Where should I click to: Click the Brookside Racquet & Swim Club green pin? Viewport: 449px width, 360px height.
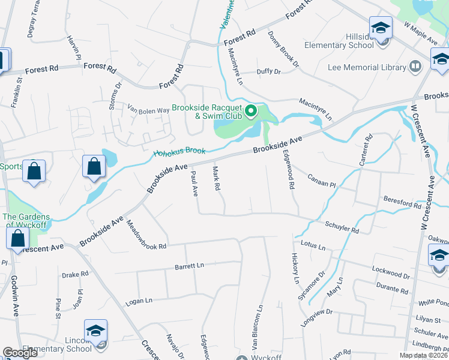click(252, 111)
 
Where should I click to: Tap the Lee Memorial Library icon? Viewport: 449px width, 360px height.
click(415, 65)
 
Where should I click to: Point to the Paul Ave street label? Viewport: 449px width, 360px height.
click(194, 183)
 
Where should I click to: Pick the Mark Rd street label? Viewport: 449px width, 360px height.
click(216, 179)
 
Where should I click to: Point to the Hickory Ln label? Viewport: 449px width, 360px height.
click(295, 268)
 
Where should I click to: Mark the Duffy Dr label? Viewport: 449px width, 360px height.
click(268, 71)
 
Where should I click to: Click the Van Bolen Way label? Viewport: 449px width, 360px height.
click(148, 110)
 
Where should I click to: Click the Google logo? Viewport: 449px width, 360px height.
click(20, 353)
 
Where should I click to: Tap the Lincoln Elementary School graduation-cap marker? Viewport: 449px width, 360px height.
click(95, 331)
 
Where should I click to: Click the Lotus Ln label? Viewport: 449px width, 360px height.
click(313, 247)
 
